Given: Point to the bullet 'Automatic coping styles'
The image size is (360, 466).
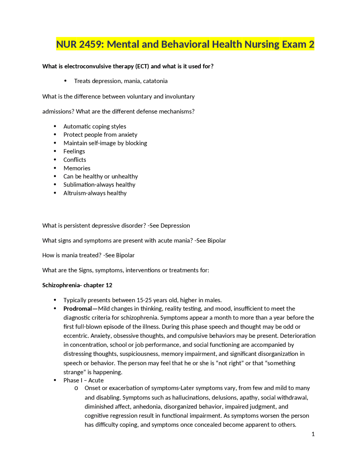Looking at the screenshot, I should coord(95,127).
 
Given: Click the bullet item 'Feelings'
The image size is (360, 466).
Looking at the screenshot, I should coord(74,151).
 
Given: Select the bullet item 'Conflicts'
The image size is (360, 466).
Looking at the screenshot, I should coord(75,160).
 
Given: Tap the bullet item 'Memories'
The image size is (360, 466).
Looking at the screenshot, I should coord(77,168).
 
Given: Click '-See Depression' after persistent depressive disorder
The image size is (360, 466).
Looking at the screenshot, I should coord(169,226).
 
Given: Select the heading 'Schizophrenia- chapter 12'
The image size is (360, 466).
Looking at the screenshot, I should coord(77,285).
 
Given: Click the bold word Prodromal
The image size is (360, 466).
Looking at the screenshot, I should coord(78,309).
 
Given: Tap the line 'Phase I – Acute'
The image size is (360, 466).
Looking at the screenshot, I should coord(83,380).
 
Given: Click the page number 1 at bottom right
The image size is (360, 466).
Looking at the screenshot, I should coord(313,434).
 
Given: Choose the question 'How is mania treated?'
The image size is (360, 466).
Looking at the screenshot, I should coord(72,255).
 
